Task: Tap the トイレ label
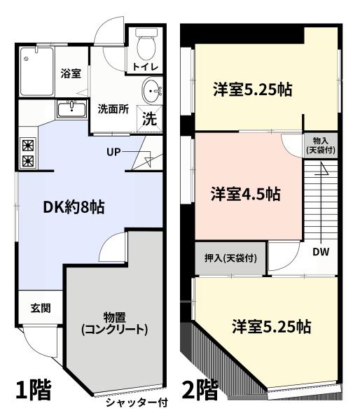pyautogui.click(x=146, y=67)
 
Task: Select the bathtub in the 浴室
pyautogui.click(x=37, y=71)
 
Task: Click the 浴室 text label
pyautogui.click(x=71, y=73)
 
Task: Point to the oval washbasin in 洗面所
pyautogui.click(x=152, y=90)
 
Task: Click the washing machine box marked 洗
pyautogui.click(x=149, y=119)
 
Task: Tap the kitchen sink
pyautogui.click(x=71, y=109)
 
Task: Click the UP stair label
pyautogui.click(x=113, y=152)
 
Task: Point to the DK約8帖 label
pyautogui.click(x=74, y=206)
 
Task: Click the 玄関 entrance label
pyautogui.click(x=41, y=308)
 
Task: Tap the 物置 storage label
pyautogui.click(x=114, y=318)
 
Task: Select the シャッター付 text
pyautogui.click(x=137, y=402)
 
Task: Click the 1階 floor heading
pyautogui.click(x=34, y=390)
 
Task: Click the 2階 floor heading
pyautogui.click(x=200, y=390)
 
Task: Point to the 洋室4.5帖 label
pyautogui.click(x=246, y=194)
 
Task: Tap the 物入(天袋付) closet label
pyautogui.click(x=321, y=145)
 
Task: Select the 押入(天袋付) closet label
pyautogui.click(x=230, y=258)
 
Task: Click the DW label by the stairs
pyautogui.click(x=321, y=252)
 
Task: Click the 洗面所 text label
pyautogui.click(x=113, y=109)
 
